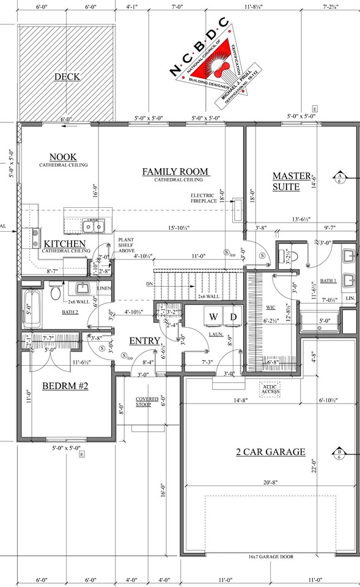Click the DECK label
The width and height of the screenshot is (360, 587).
tap(67, 76)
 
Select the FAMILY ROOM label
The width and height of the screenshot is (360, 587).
tap(175, 171)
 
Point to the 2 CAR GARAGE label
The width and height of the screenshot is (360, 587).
tap(270, 452)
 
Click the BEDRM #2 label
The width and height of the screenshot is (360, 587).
tap(66, 386)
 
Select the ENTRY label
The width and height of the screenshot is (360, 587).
tap(144, 341)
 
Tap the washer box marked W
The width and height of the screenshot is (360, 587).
tap(214, 317)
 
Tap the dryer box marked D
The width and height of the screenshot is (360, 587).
tap(232, 317)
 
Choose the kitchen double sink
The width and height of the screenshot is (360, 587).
tap(94, 226)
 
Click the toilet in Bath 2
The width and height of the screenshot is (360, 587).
tap(56, 292)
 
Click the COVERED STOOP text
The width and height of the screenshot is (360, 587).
tap(147, 401)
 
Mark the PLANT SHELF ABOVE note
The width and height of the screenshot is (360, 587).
tap(127, 245)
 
